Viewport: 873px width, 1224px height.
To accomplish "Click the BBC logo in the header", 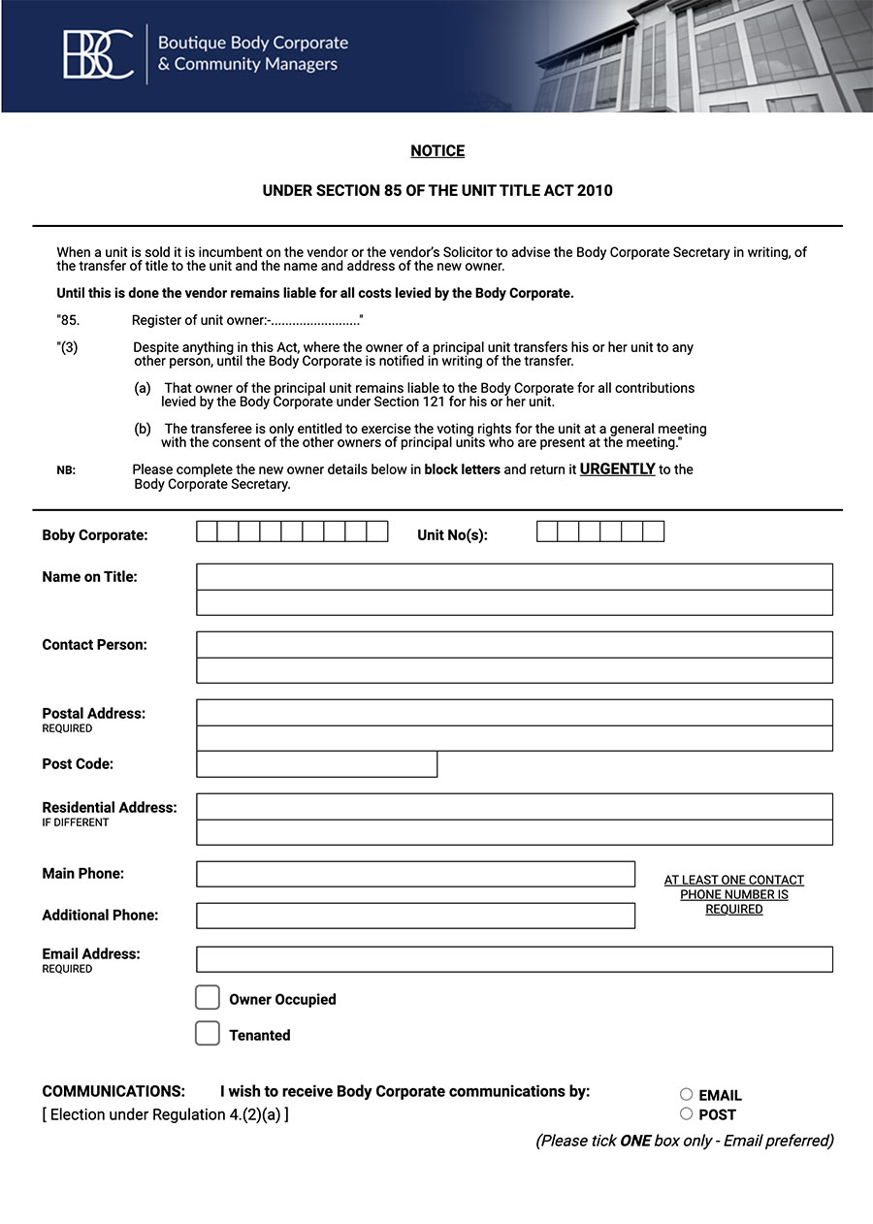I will [98, 54].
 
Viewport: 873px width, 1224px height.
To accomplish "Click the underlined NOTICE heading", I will [437, 151].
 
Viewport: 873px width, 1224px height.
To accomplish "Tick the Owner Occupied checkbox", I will [208, 998].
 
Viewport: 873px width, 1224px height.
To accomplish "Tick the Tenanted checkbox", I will [208, 1034].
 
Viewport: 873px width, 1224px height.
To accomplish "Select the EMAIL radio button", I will [687, 1094].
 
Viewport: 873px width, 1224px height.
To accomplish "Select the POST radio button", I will [687, 1113].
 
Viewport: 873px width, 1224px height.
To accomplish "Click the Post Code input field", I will [316, 764].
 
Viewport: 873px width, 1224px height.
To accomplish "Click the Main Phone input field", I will [415, 874].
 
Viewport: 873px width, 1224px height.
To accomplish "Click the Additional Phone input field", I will [415, 916].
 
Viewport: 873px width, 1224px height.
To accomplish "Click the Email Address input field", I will [514, 959].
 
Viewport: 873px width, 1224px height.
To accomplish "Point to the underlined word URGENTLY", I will [617, 469].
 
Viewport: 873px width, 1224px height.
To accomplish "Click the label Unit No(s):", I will [452, 535].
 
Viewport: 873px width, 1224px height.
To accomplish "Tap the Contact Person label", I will [95, 645].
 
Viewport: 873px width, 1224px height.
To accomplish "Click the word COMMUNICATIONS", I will [113, 1091].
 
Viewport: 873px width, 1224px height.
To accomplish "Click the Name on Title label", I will [90, 577].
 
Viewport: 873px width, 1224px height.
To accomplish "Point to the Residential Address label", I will [110, 808].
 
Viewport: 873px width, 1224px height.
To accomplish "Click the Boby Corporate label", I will [95, 535].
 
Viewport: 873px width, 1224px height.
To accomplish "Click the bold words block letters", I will [463, 469].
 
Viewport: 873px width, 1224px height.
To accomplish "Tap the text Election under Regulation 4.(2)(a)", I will [166, 1115].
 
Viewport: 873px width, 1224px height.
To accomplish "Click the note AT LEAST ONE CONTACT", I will [733, 881].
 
